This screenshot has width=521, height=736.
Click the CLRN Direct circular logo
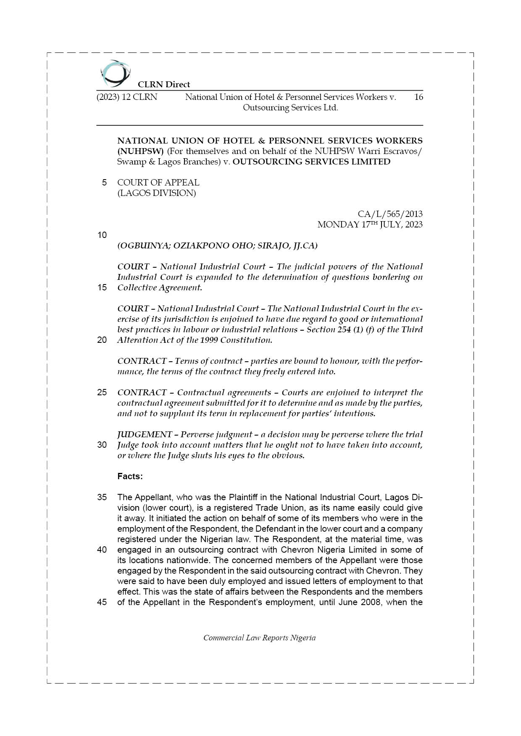click(115, 73)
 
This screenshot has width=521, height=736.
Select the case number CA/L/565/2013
click(390, 214)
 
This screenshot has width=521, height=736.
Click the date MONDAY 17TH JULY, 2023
click(370, 224)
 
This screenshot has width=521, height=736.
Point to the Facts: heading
click(130, 476)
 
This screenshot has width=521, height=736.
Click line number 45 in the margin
click(102, 602)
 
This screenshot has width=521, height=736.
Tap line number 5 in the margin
click(104, 183)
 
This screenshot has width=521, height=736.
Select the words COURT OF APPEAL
click(158, 183)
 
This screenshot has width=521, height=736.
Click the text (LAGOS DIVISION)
click(156, 193)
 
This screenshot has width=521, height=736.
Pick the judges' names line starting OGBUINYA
click(217, 245)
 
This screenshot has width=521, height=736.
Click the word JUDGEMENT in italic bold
click(145, 434)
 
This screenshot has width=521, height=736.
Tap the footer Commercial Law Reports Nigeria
click(259, 638)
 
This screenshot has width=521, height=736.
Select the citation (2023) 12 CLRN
click(127, 97)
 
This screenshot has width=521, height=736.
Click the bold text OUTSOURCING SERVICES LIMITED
click(311, 162)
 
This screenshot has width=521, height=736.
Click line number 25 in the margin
click(102, 392)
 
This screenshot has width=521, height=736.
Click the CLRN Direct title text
click(164, 84)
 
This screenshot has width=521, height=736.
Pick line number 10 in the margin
click(102, 235)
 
